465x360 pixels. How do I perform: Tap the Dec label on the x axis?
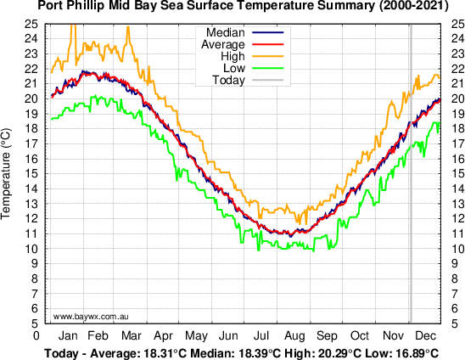[427, 335]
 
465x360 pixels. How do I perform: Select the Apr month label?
[164, 335]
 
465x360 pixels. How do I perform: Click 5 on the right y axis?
[446, 323]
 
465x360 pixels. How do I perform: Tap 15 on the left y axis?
[30, 173]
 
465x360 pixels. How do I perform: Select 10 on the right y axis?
[449, 248]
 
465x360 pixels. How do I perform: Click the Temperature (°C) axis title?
[8, 173]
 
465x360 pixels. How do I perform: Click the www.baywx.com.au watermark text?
[91, 316]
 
